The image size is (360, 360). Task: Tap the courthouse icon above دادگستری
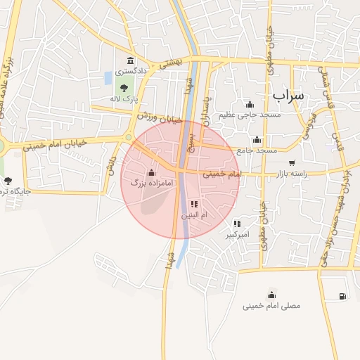pyautogui.click(x=131, y=60)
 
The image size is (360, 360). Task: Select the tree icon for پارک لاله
pyautogui.click(x=124, y=88)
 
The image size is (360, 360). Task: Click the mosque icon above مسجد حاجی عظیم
pyautogui.click(x=250, y=104)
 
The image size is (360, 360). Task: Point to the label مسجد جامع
pyautogui.click(x=257, y=150)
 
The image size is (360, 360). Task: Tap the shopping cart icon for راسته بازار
pyautogui.click(x=292, y=163)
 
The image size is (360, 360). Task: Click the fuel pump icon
pyautogui.click(x=342, y=296)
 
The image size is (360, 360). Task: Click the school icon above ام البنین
pyautogui.click(x=195, y=204)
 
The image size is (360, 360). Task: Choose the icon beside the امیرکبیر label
pyautogui.click(x=237, y=224)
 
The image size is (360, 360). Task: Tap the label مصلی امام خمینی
pyautogui.click(x=271, y=306)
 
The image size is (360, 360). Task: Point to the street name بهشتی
pyautogui.click(x=172, y=63)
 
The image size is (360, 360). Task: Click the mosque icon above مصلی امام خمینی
pyautogui.click(x=271, y=294)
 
